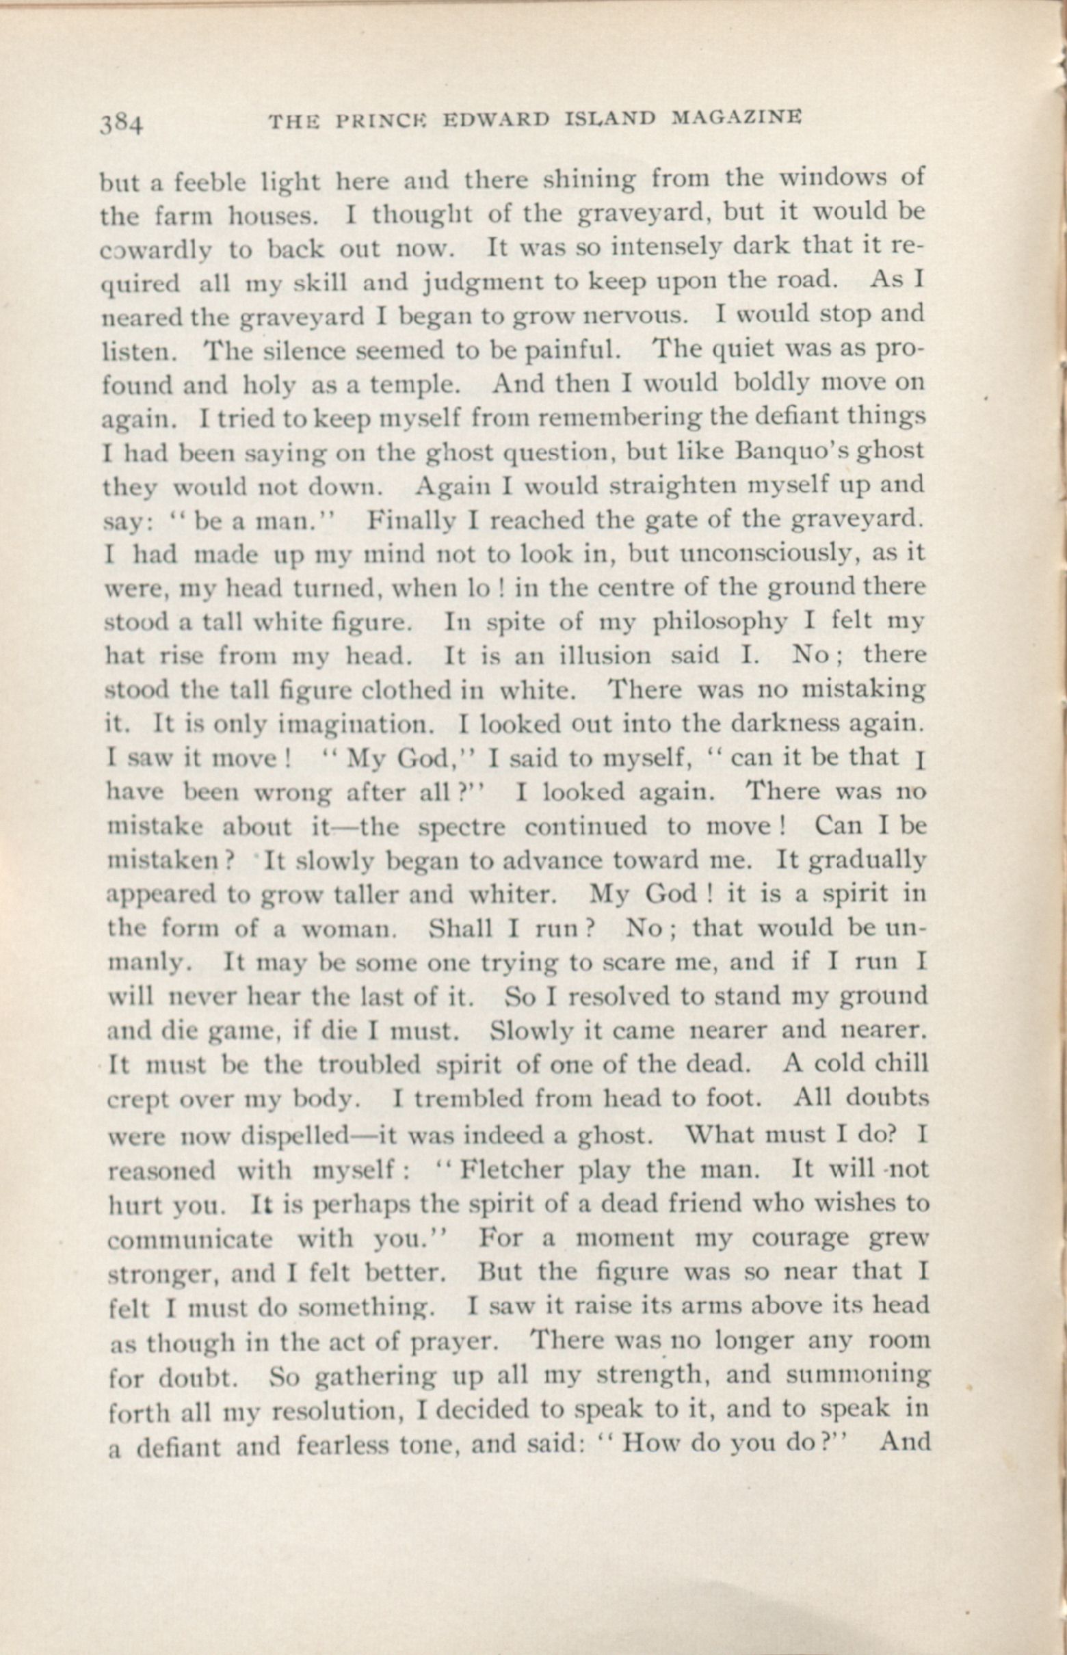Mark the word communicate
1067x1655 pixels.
point(191,1239)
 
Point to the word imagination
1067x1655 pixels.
point(360,725)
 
